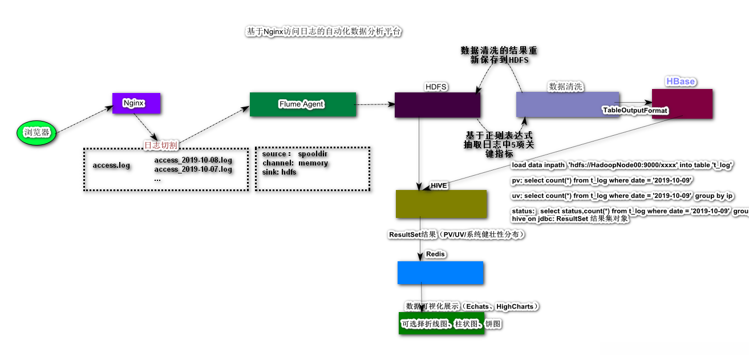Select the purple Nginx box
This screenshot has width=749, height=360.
(x=136, y=103)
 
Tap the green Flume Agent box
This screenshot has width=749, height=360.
(x=302, y=104)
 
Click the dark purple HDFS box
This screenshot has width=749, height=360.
(x=437, y=104)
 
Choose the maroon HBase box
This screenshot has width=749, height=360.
(x=682, y=103)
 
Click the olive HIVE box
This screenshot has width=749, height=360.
(x=441, y=204)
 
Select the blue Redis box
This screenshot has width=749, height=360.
(x=440, y=273)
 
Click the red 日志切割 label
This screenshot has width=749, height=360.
(x=161, y=145)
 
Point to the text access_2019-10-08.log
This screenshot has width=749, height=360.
(x=193, y=160)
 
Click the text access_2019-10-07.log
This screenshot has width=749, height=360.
(x=193, y=169)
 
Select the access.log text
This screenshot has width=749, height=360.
(x=111, y=165)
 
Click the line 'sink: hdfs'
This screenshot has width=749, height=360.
(x=279, y=172)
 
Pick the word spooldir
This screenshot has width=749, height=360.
(x=313, y=154)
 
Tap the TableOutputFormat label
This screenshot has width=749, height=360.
(x=635, y=110)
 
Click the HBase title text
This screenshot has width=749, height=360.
(x=680, y=82)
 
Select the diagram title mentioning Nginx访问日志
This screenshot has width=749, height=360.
(x=323, y=32)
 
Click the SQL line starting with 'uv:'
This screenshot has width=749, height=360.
(x=622, y=196)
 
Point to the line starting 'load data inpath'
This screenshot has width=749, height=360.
(x=622, y=165)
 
